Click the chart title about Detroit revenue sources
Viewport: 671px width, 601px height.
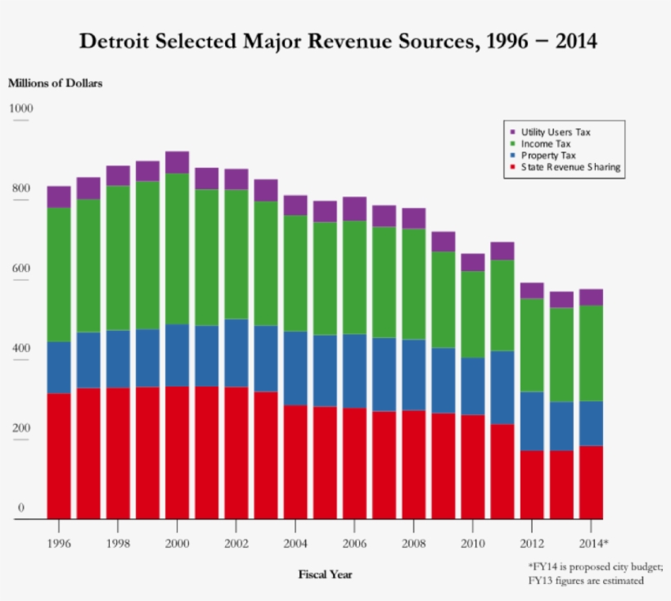click(x=338, y=40)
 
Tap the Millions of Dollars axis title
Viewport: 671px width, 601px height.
click(x=55, y=83)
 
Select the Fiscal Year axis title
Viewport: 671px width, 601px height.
click(x=325, y=574)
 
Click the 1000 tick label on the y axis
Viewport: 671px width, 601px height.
click(x=21, y=108)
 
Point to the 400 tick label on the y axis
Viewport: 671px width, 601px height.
click(x=21, y=348)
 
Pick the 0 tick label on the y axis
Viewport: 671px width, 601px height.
click(x=21, y=508)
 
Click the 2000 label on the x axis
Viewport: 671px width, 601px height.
click(x=177, y=544)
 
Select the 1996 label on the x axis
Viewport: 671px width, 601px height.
click(x=59, y=544)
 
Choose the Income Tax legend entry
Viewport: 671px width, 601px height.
click(x=545, y=143)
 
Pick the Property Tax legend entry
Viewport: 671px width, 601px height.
click(x=548, y=155)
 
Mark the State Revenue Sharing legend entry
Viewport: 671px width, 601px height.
click(x=570, y=167)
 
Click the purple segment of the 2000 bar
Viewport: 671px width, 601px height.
click(x=177, y=162)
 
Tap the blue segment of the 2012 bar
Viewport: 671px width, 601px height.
click(x=532, y=421)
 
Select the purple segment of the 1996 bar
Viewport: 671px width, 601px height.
click(x=59, y=197)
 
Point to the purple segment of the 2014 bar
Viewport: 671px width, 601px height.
click(x=591, y=297)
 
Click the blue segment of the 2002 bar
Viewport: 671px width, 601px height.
click(x=236, y=352)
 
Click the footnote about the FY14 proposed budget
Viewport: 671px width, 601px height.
click(x=596, y=573)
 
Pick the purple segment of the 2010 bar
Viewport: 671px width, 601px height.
click(x=473, y=262)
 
